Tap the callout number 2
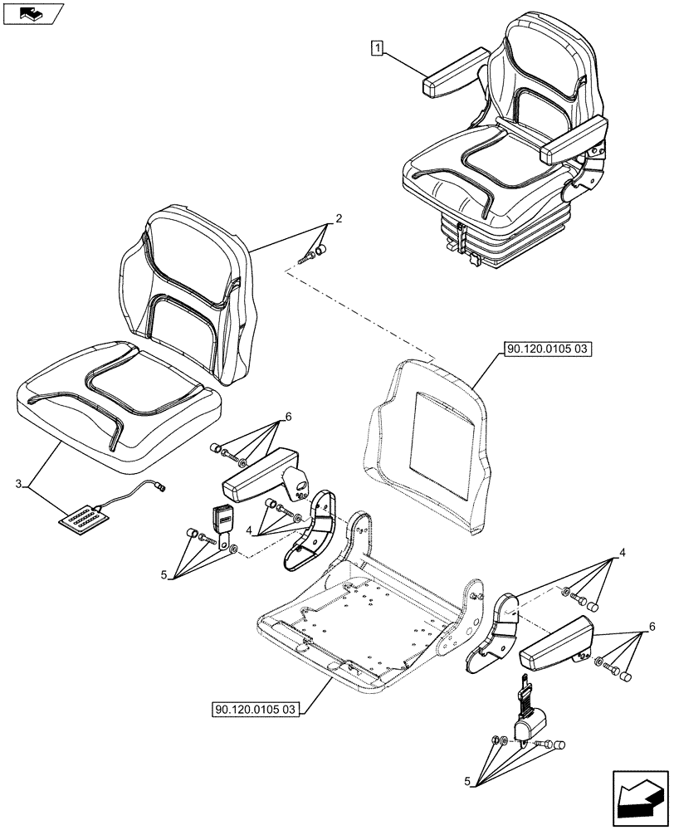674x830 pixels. tap(338, 219)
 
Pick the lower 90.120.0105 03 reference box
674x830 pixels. tap(256, 710)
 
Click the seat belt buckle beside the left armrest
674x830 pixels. tap(223, 520)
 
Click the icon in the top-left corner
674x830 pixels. tap(32, 12)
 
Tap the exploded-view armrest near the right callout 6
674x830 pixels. tap(554, 643)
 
